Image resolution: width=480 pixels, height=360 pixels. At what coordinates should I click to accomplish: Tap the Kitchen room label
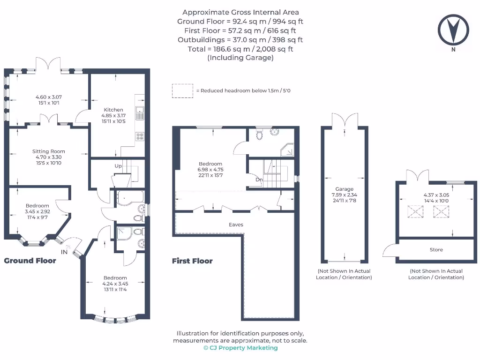(x=113, y=110)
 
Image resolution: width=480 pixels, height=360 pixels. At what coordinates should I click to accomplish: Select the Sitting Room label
(x=49, y=151)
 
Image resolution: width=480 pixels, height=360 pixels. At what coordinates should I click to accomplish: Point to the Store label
(x=436, y=250)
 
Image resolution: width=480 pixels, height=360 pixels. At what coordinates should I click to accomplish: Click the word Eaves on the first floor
(x=236, y=225)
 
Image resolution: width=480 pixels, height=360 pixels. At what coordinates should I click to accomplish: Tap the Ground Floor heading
(x=30, y=261)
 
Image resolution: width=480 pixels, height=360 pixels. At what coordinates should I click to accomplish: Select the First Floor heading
(x=192, y=261)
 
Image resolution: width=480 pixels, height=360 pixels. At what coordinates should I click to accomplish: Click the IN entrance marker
(x=64, y=252)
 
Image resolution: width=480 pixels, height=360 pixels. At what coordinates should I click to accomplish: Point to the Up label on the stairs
(x=118, y=166)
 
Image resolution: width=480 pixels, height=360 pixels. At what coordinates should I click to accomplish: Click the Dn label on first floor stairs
(x=259, y=179)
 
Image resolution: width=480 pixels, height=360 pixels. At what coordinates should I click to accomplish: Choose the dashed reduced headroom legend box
(x=182, y=91)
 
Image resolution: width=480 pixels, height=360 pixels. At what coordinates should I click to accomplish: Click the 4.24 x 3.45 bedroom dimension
(x=115, y=283)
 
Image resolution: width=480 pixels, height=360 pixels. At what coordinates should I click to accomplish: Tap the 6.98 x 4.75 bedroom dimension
(x=210, y=170)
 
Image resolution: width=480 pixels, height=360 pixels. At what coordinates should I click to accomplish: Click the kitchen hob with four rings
(x=140, y=136)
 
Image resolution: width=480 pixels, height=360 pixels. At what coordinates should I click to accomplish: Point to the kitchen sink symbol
(x=140, y=112)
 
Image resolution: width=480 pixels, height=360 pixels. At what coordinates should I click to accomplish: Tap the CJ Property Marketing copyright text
(x=240, y=348)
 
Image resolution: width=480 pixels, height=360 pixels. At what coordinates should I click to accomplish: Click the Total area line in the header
(x=240, y=49)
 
